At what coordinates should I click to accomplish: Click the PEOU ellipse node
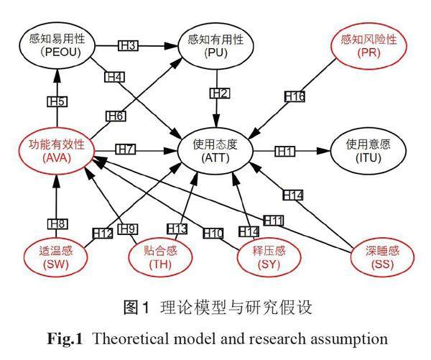coord(57,45)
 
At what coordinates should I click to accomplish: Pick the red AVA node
coord(57,149)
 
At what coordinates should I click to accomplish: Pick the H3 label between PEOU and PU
coord(128,46)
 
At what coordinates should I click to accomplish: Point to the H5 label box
coord(57,101)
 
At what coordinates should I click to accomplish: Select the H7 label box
coord(126,150)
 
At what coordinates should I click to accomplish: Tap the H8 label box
coord(57,223)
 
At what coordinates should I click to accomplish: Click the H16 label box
coord(295,96)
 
